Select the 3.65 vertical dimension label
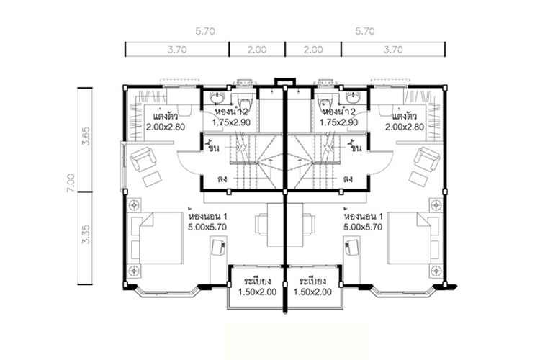(x=86, y=136)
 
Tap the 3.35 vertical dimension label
(x=86, y=234)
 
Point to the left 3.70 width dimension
(x=177, y=50)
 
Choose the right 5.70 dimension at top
(x=365, y=32)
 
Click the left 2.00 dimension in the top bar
(x=257, y=50)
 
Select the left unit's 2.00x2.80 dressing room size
(x=166, y=127)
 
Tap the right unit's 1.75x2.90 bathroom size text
(x=338, y=122)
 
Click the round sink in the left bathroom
(x=217, y=97)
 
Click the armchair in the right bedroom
(x=427, y=159)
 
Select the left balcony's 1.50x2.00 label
(x=257, y=292)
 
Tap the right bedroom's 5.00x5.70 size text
(x=363, y=227)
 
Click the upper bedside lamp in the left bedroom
(x=134, y=205)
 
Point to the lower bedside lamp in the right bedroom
(x=436, y=271)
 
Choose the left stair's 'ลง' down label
(x=222, y=179)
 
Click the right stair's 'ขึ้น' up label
(x=355, y=147)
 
